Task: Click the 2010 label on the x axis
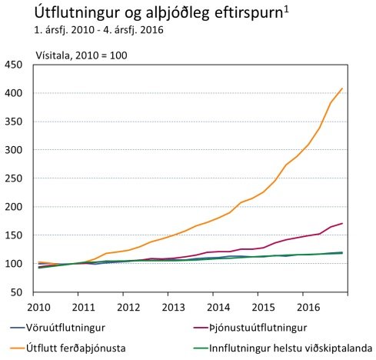(x=40, y=308)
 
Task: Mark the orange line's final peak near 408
(x=342, y=88)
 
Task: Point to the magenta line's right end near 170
(x=342, y=223)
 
